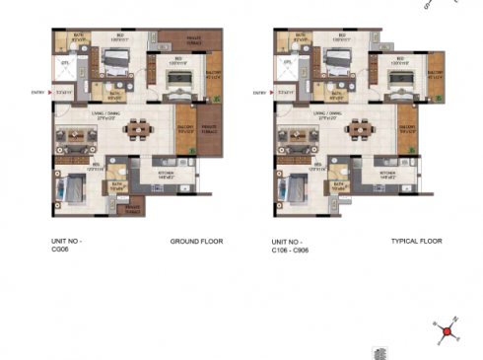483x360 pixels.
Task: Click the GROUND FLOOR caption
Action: (x=197, y=241)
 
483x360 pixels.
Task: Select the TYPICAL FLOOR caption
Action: (x=417, y=241)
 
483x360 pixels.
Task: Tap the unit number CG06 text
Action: (x=66, y=246)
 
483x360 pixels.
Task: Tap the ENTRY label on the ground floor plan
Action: (x=37, y=94)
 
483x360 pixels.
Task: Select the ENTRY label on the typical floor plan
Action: (x=260, y=94)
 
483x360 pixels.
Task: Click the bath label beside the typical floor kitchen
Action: (x=338, y=183)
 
